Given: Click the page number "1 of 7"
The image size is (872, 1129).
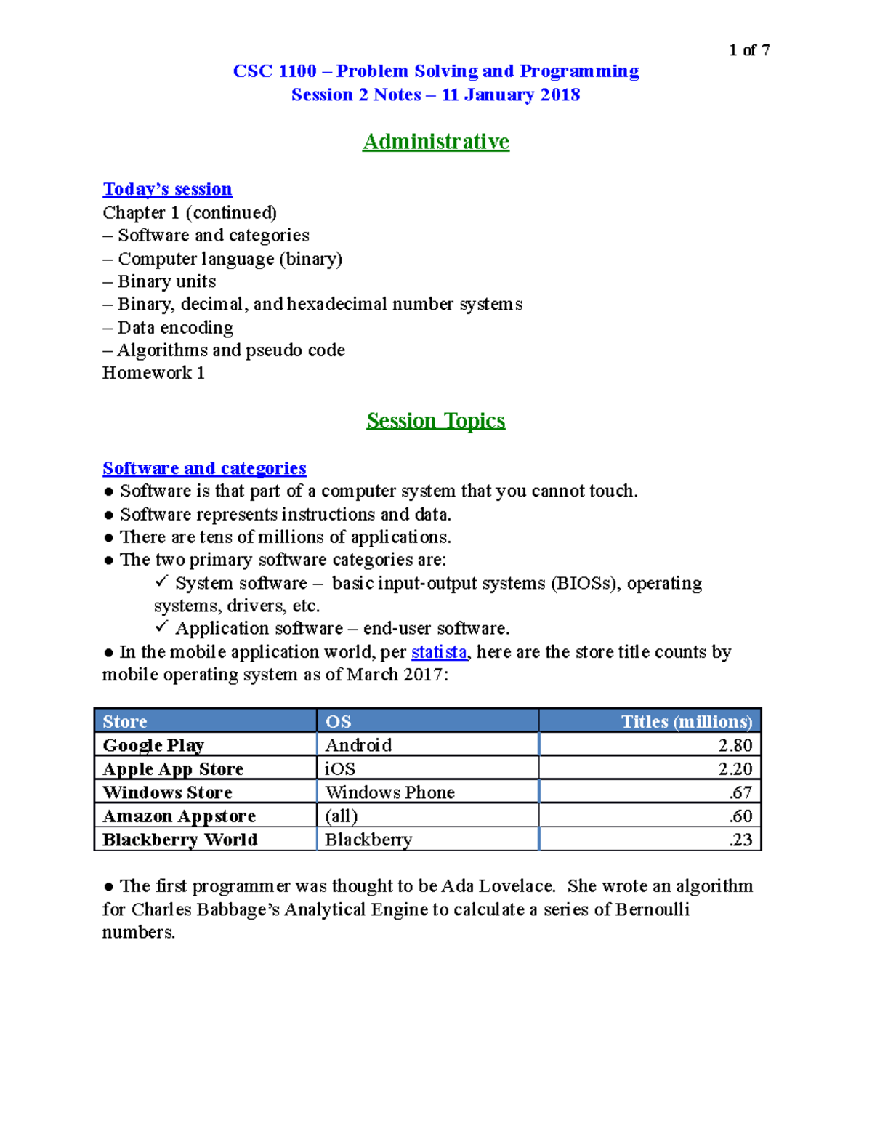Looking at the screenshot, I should pos(748,50).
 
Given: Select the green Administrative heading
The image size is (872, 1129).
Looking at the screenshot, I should pos(435,141).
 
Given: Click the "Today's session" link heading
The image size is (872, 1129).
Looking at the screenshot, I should pos(167,189).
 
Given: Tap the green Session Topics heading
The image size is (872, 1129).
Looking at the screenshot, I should pos(435,420).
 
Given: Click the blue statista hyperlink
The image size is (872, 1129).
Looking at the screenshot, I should pos(439,652).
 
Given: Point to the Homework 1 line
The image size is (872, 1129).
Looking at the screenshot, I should pos(153,373).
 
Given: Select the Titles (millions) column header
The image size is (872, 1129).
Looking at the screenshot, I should pos(686,721).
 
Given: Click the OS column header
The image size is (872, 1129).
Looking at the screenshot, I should pos(339,721).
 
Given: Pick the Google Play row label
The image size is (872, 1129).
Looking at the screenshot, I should pos(153,745).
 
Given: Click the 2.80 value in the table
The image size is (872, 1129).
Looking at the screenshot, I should pos(735,745).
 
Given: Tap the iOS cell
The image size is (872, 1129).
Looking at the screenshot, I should pos(340,769).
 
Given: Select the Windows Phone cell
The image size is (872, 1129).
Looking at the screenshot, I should pos(389,792).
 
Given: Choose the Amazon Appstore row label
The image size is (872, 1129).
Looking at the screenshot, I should pos(179,816).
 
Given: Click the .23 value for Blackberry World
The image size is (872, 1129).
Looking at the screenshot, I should pos(740,840).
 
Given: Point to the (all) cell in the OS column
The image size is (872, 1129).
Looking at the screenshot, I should pos(342,816).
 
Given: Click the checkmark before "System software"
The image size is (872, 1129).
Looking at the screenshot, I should pos(161,582).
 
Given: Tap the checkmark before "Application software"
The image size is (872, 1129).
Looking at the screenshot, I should pos(161,627).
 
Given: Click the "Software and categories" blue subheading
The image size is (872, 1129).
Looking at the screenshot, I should pos(204,468).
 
